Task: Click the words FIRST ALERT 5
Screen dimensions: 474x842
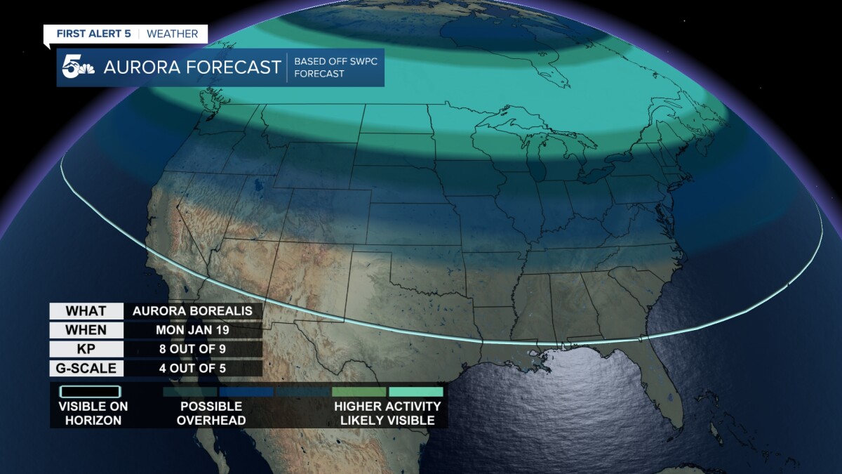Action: click(x=93, y=34)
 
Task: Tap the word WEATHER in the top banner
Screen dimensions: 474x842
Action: click(x=172, y=34)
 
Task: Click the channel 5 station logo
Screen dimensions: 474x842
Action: click(x=76, y=67)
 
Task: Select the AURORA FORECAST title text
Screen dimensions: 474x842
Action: click(x=192, y=67)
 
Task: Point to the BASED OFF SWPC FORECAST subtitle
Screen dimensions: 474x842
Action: click(x=335, y=67)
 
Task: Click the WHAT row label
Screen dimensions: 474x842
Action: click(x=86, y=311)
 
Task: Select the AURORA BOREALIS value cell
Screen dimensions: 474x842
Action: click(x=192, y=311)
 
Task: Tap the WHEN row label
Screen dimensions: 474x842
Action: click(x=86, y=330)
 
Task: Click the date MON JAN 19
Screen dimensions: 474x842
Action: click(x=192, y=330)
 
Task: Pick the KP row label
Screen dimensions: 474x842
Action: click(x=86, y=349)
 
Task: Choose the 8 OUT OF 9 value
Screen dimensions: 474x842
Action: click(x=192, y=349)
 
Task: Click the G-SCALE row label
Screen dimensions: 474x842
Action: click(x=86, y=368)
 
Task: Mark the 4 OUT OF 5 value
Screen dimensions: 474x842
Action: click(x=192, y=368)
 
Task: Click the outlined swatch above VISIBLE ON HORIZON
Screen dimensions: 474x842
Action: click(x=90, y=391)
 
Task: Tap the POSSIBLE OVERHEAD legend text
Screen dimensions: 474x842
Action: click(x=210, y=414)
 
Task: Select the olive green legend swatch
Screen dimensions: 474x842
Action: click(x=359, y=391)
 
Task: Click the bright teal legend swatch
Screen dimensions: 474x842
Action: click(x=416, y=391)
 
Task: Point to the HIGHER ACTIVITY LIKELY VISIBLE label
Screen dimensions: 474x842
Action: click(x=387, y=414)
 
